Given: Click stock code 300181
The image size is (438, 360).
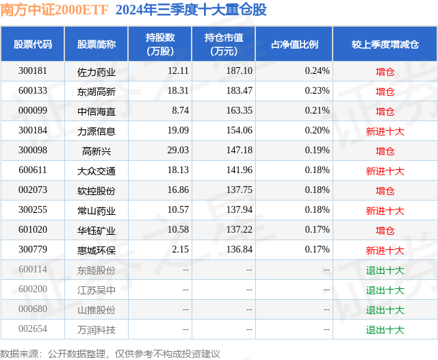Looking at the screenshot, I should (33, 71).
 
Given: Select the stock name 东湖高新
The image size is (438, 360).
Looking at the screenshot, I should (96, 91).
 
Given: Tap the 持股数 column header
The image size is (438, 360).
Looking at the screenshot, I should (160, 44).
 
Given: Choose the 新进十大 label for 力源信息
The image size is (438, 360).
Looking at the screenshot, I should (385, 131).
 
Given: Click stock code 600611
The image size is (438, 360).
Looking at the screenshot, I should (33, 170).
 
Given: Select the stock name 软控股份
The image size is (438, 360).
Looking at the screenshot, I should (96, 191).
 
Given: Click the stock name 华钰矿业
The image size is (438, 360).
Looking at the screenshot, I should (96, 231).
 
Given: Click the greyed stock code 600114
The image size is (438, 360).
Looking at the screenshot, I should (33, 270).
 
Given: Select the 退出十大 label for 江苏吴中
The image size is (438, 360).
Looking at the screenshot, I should (385, 290).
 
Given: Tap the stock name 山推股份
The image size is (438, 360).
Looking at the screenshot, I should (96, 310).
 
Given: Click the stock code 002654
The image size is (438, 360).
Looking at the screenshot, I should (33, 330).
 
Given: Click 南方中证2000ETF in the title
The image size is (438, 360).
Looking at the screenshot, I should (55, 10).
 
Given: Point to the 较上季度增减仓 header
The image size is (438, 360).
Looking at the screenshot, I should (385, 44).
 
